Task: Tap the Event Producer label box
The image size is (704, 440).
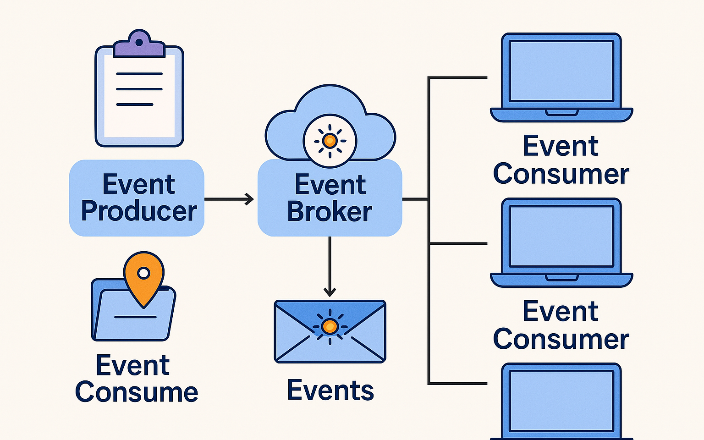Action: [137, 198]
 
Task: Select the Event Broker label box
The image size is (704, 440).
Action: [330, 198]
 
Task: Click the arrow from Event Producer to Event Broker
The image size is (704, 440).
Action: [229, 199]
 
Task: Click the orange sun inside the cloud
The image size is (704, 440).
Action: [330, 140]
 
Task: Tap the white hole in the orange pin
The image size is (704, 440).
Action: [144, 274]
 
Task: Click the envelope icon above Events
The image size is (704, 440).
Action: [330, 331]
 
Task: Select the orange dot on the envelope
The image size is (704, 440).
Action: [330, 326]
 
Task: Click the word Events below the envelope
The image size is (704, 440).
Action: [330, 390]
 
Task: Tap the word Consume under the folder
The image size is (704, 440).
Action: [137, 392]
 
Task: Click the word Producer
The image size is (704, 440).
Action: [139, 211]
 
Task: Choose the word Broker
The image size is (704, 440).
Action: [330, 212]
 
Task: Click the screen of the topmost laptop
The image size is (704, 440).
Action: [561, 71]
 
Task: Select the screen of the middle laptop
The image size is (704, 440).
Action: [561, 236]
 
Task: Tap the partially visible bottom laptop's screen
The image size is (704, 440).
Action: [561, 401]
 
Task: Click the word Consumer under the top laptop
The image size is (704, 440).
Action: [561, 175]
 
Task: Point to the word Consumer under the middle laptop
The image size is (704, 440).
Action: [561, 340]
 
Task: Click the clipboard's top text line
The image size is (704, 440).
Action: [139, 74]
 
